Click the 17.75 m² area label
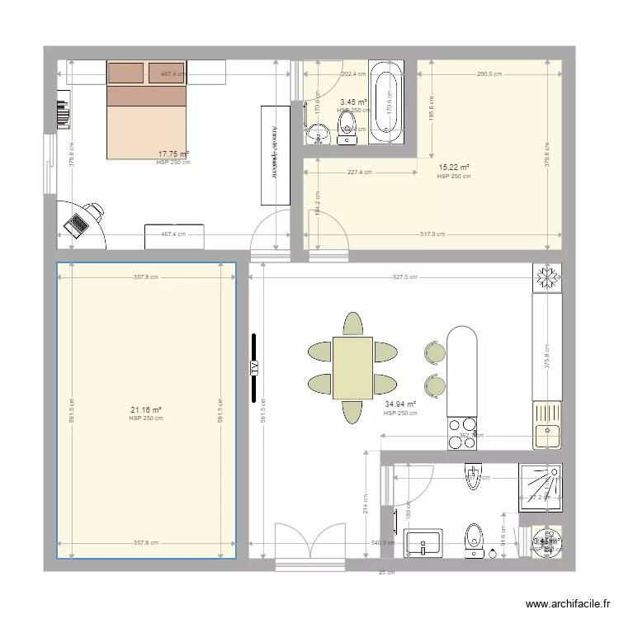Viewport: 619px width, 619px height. (x=173, y=154)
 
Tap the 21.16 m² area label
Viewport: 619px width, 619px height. (x=146, y=410)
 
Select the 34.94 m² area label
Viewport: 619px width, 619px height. (x=400, y=404)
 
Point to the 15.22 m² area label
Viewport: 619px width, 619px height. (x=454, y=168)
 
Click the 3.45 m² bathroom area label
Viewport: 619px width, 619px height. (x=353, y=102)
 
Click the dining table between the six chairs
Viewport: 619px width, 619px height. (x=352, y=368)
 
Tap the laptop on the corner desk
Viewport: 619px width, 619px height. (x=77, y=224)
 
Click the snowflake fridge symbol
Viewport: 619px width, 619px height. (x=546, y=276)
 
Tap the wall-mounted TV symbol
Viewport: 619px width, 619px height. (x=254, y=366)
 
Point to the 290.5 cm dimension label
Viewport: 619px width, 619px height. (x=489, y=73)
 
